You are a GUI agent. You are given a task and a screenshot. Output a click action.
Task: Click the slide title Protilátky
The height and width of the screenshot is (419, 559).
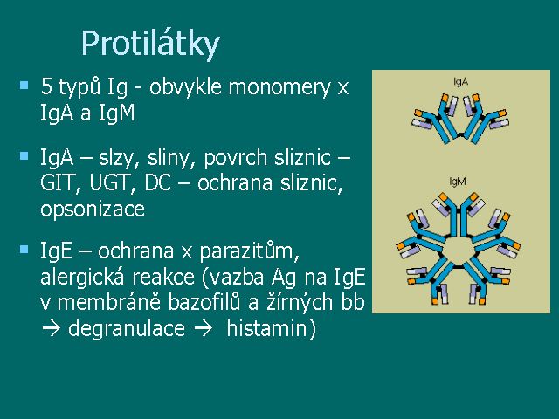150,45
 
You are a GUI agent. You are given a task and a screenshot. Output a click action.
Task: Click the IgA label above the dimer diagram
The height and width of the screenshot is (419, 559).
460,82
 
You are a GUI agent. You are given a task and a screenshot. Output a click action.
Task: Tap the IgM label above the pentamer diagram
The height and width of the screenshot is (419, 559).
458,182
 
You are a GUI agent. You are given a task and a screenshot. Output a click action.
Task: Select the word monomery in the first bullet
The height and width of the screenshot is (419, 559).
279,87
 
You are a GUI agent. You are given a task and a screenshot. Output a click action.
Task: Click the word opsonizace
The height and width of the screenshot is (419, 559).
93,209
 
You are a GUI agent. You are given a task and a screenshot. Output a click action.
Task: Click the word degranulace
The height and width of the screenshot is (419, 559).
127,329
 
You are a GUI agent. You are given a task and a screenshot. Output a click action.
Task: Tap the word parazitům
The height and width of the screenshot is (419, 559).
249,251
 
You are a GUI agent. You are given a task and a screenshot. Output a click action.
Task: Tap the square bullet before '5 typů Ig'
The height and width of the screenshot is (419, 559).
24,86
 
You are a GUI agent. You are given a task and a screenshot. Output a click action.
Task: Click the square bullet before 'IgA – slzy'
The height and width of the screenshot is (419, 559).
24,155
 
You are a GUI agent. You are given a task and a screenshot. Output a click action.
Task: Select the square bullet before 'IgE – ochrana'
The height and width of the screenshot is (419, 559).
24,249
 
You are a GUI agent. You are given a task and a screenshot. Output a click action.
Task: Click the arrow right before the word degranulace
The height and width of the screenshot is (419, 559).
51,329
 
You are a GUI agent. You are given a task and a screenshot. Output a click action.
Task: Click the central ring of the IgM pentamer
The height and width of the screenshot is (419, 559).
442,251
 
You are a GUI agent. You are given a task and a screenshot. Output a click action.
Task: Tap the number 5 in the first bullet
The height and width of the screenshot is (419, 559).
46,86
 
